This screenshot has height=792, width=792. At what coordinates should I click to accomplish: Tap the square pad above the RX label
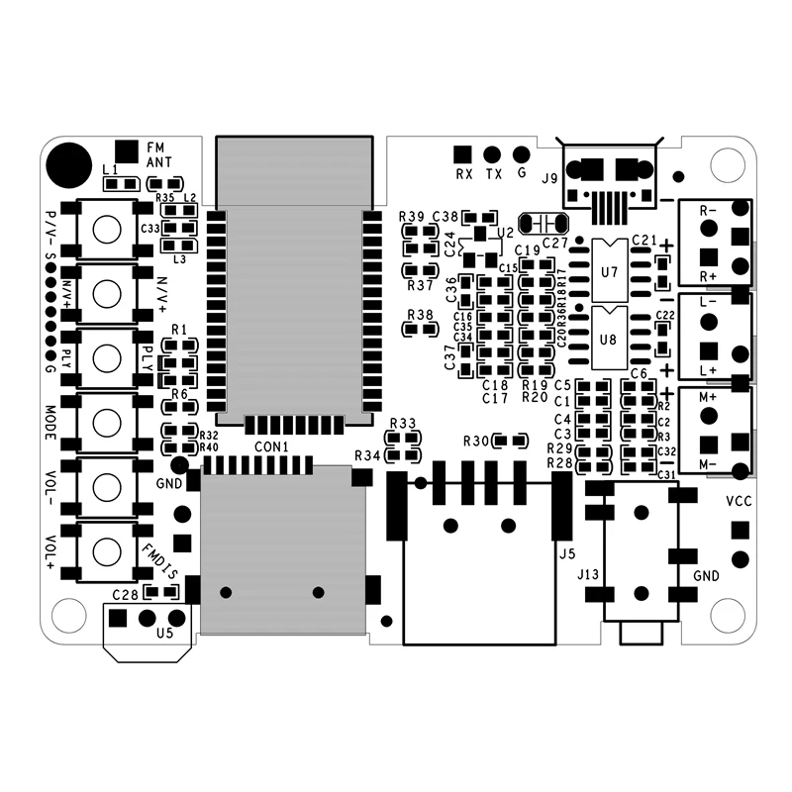point(461,153)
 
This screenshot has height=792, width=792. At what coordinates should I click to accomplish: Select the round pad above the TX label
point(491,153)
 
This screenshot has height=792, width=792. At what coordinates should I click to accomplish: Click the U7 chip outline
point(610,270)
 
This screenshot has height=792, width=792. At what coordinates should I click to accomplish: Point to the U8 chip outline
point(610,339)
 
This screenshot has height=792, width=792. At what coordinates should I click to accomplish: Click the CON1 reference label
point(271,447)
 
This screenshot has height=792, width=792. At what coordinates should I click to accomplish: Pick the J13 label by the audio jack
point(588,574)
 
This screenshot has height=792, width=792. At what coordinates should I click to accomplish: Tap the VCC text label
point(740,501)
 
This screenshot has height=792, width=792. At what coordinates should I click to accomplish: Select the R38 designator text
point(422,315)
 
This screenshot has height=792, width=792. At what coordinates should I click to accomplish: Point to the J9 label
point(549,179)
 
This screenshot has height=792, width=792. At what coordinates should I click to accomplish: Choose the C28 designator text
point(125,595)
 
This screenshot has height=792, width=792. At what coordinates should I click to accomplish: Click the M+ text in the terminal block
point(709,396)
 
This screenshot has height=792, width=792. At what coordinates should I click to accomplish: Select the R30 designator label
point(476,440)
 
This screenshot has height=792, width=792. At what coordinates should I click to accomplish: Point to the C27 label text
point(555,243)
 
